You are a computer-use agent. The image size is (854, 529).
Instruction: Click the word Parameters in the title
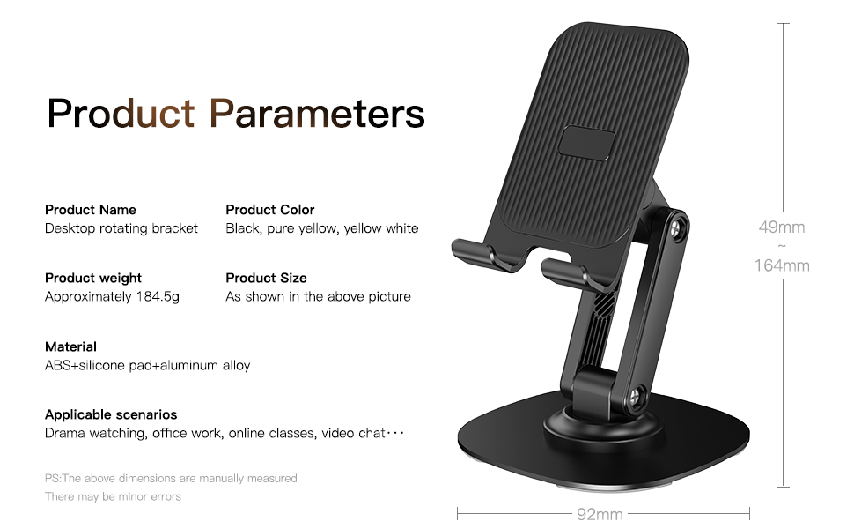point(316,114)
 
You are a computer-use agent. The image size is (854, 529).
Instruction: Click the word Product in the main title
point(121,114)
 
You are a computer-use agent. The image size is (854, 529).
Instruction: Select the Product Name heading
point(91,210)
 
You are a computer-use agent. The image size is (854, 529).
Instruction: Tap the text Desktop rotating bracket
point(121,228)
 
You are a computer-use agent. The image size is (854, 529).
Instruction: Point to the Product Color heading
point(270,210)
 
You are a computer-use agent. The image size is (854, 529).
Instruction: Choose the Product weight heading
point(93,278)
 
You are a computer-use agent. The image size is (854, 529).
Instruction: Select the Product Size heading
point(267,278)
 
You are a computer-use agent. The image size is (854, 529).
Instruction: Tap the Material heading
point(70,346)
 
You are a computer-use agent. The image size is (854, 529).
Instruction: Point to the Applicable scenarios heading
point(111,414)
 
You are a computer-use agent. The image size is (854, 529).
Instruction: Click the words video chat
point(353,433)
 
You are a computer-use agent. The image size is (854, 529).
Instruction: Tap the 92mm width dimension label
point(600,514)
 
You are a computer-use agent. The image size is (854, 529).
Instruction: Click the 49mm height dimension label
point(782,227)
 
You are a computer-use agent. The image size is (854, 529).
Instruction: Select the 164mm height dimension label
point(782,265)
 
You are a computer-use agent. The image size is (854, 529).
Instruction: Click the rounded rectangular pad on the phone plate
point(586,144)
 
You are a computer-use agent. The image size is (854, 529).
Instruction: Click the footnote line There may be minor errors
point(113,497)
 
